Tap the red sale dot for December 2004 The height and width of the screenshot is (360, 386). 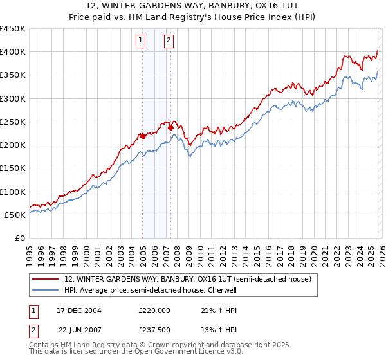point(142,135)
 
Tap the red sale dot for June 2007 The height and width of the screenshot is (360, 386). point(170,127)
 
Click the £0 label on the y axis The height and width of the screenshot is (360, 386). point(19,238)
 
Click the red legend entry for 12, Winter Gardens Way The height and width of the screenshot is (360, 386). point(188,279)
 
